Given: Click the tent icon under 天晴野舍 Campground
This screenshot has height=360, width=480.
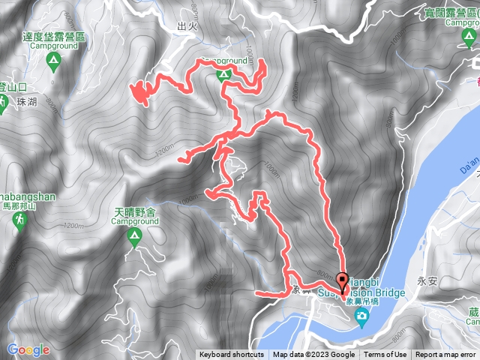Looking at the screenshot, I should pos(134,239).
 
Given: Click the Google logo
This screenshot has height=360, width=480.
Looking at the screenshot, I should pos(28,349).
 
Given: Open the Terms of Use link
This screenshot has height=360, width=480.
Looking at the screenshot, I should pos(385,355).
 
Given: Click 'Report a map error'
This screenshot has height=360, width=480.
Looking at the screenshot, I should pos(447,355).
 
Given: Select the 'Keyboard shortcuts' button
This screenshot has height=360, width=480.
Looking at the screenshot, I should pos(232,355).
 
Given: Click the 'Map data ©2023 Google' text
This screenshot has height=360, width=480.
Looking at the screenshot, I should pos(313,355).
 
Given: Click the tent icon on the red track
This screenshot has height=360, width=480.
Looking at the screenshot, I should pos(223,73).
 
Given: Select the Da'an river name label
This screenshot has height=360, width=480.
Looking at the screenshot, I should pos(465,162).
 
